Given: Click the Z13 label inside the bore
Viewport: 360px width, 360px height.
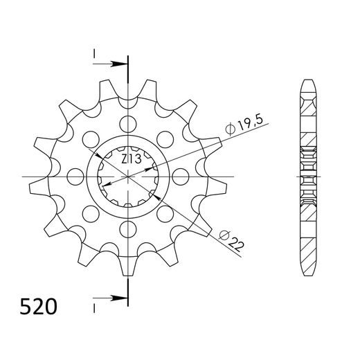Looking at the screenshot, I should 131,159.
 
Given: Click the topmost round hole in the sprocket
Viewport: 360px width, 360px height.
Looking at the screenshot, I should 129,125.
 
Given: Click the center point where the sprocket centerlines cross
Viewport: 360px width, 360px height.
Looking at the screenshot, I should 129,177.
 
